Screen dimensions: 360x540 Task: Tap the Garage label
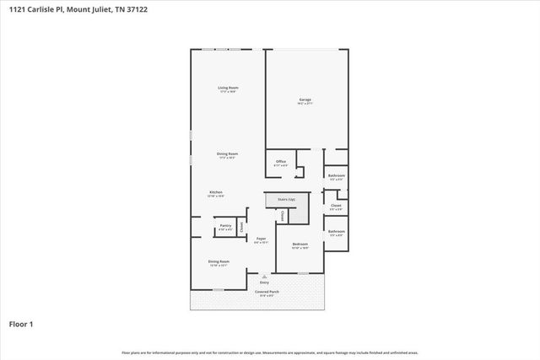(305, 100)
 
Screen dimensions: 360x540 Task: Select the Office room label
(281, 163)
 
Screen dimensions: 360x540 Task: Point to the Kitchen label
(216, 193)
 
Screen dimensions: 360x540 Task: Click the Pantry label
(225, 226)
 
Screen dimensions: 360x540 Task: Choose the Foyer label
(262, 240)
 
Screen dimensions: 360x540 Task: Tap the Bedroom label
(300, 245)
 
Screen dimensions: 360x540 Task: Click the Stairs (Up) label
(280, 200)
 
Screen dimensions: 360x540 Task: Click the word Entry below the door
(264, 282)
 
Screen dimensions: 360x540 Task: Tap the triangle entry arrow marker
(264, 275)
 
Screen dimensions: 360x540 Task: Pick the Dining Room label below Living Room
(227, 154)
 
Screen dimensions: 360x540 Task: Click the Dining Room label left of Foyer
(219, 261)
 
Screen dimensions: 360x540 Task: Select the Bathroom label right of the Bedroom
(336, 232)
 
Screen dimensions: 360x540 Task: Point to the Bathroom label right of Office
(336, 176)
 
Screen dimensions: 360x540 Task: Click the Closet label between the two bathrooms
(336, 205)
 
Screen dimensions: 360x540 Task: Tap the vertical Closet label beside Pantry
(241, 225)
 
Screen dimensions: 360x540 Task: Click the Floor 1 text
(20, 323)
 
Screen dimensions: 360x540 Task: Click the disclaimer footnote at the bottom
(270, 352)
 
